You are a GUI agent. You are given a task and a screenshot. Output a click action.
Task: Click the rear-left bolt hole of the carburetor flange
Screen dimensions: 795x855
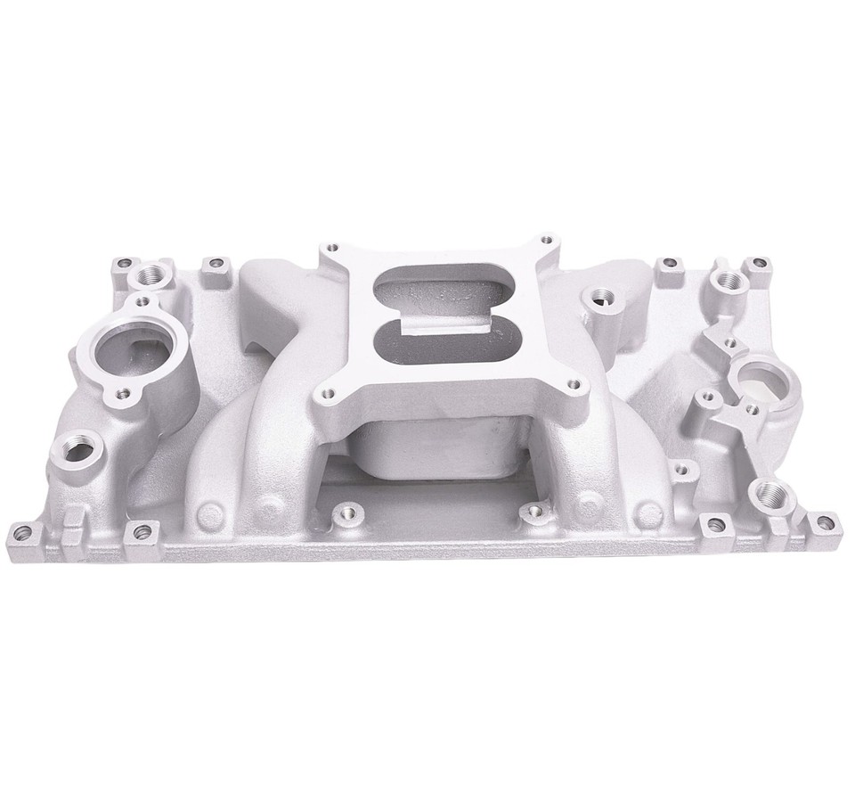(333, 248)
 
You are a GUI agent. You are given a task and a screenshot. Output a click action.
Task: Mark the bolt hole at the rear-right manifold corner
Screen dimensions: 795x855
(758, 264)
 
